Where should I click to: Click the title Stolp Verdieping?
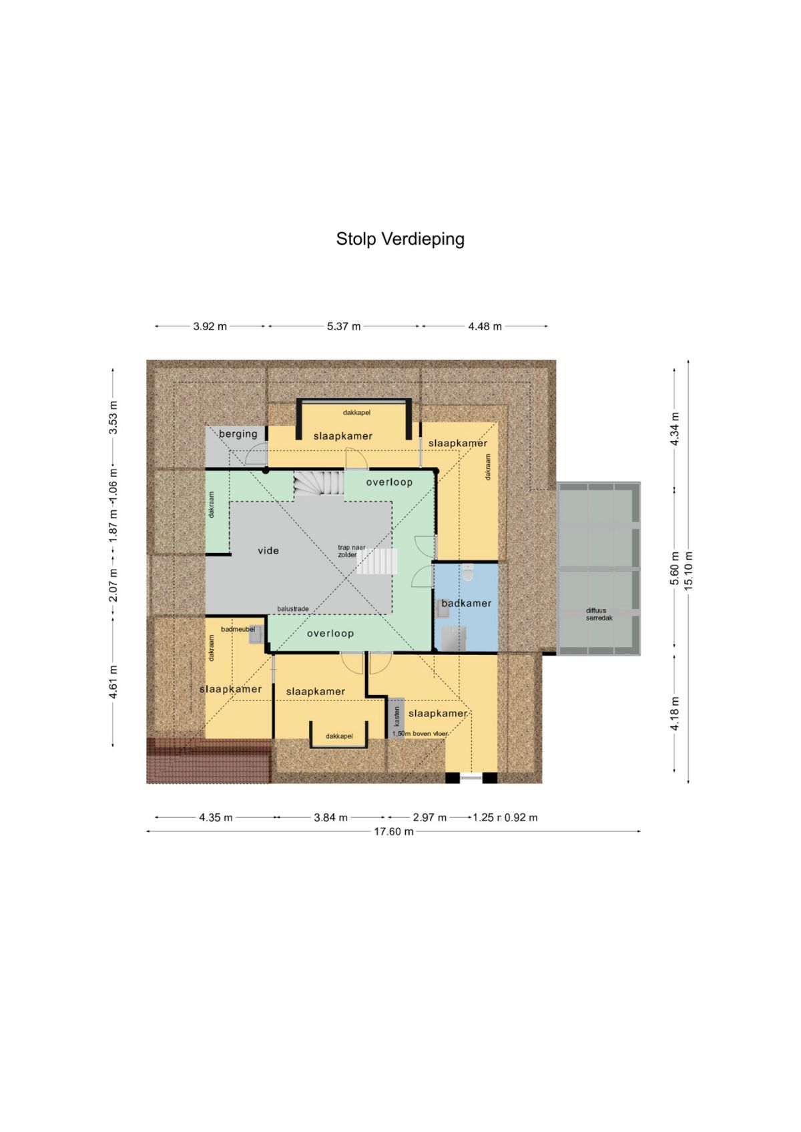point(400,239)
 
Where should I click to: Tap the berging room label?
point(238,434)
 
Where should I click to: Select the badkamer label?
point(466,603)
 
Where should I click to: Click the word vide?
point(268,550)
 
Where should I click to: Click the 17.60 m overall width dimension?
point(393,831)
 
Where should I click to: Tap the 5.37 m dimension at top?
point(343,326)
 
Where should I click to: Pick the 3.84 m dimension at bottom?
point(330,817)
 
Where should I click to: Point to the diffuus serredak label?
point(599,614)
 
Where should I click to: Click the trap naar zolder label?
point(351,551)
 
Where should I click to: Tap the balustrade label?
point(293,609)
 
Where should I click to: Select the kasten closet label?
point(397,716)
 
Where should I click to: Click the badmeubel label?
point(238,629)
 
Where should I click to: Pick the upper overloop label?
point(389,482)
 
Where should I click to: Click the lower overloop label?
point(330,634)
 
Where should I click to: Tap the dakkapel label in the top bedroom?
point(356,412)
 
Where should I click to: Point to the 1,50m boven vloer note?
point(420,733)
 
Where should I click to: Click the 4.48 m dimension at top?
point(485,326)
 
